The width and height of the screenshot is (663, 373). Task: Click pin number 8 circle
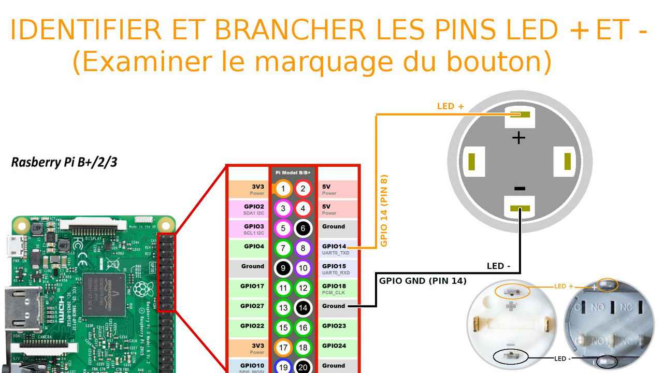point(303,248)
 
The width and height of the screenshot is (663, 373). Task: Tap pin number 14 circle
point(303,308)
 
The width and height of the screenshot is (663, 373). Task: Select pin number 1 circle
point(283,189)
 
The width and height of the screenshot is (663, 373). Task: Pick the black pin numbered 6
point(303,228)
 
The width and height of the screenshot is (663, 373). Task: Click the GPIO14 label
point(334,247)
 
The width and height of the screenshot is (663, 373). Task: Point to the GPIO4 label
point(254,247)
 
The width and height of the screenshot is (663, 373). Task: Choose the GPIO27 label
point(252,306)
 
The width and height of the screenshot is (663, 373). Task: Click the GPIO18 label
point(334,286)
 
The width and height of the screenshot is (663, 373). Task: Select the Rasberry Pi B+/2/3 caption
point(64,162)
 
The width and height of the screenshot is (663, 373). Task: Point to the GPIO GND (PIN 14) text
point(423,281)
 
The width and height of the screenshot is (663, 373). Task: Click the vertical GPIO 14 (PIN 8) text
point(384,210)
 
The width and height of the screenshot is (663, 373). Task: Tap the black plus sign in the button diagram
point(518,137)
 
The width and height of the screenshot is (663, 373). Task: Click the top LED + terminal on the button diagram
point(520,114)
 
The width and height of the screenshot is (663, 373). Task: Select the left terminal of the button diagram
point(472,161)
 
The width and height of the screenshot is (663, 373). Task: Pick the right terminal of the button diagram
point(568,161)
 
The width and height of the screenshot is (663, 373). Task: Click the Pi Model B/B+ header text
point(293,172)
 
